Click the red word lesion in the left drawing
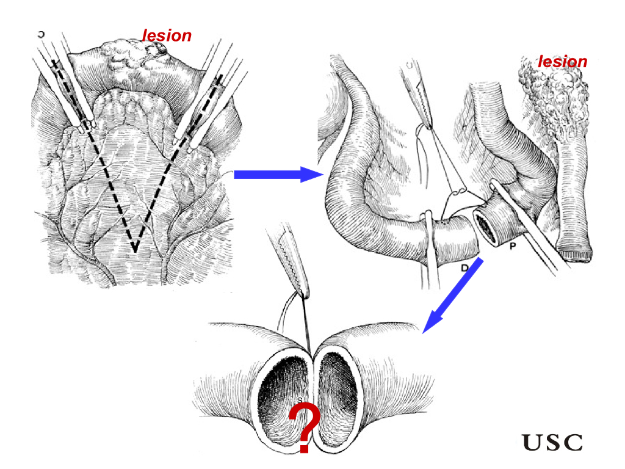point(167,36)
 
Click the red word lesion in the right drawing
point(562,62)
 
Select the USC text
point(553,442)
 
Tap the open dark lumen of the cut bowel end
point(486,226)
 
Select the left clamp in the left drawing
point(64,92)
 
